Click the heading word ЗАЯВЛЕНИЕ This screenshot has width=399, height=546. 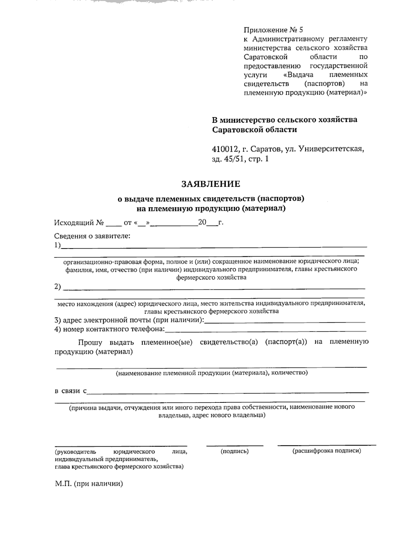point(210,184)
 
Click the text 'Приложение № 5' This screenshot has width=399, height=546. point(273,30)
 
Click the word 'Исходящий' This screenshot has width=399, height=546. point(74,222)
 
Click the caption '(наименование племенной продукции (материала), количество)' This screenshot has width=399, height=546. point(212,373)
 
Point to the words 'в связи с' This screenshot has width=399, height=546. point(70,391)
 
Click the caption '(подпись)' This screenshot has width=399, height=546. point(235,451)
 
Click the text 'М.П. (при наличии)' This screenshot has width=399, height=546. point(89,484)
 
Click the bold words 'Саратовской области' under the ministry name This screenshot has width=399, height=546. point(255,130)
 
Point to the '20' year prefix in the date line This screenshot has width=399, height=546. point(202,222)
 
